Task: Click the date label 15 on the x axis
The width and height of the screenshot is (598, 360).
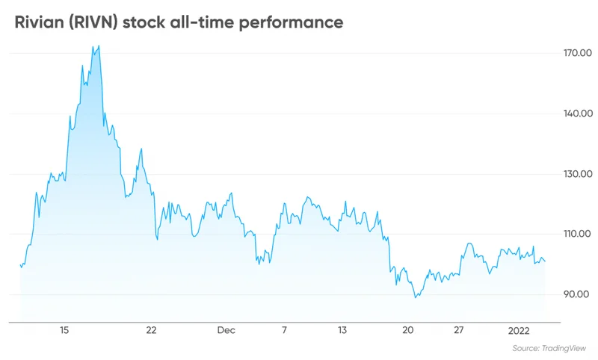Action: pyautogui.click(x=64, y=329)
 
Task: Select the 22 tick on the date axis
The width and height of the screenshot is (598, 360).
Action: pyautogui.click(x=152, y=329)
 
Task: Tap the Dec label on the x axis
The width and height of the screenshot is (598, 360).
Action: pyautogui.click(x=226, y=329)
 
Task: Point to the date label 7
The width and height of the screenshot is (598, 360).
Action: pyautogui.click(x=284, y=329)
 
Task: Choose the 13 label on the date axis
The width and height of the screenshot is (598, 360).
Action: pyautogui.click(x=342, y=329)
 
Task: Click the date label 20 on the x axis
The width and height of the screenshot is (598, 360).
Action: pyautogui.click(x=407, y=329)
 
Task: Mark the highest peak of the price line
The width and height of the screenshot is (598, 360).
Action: pyautogui.click(x=99, y=46)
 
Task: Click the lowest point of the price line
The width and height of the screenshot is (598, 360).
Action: pyautogui.click(x=416, y=298)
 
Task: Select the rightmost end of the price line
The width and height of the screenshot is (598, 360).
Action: pyautogui.click(x=546, y=261)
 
